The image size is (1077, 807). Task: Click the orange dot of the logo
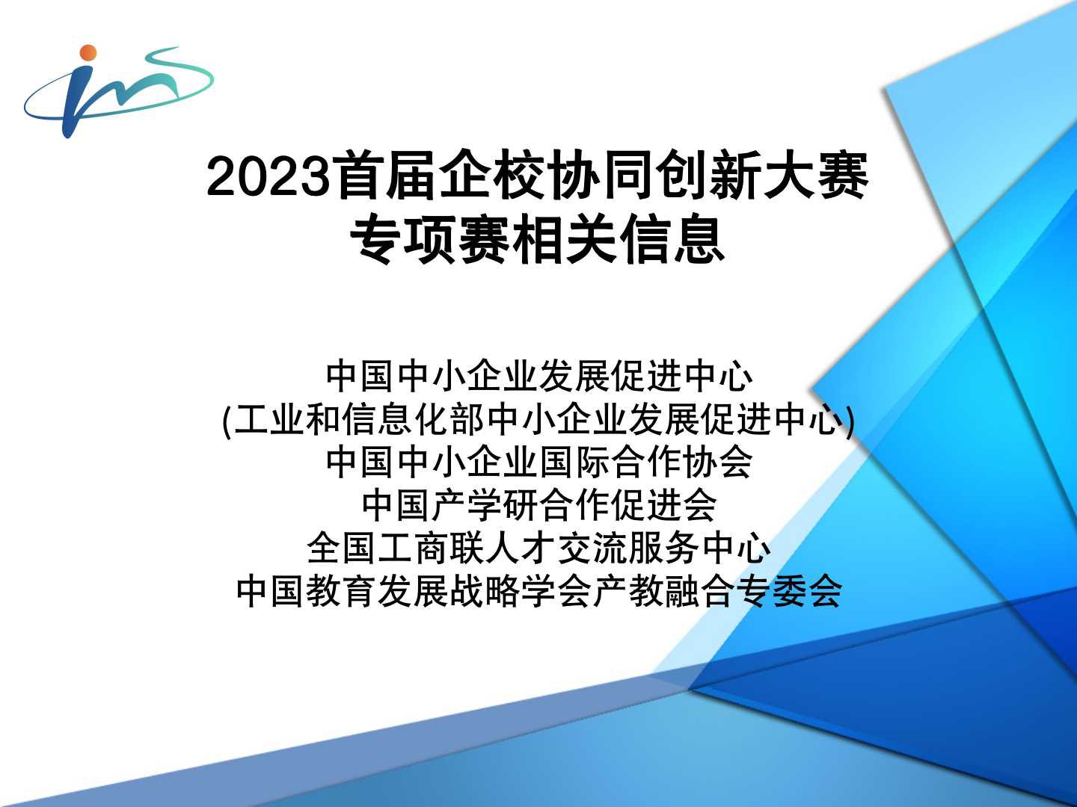click(x=88, y=53)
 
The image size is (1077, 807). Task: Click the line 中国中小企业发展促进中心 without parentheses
click(x=539, y=377)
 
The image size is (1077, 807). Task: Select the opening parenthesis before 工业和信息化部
click(x=227, y=421)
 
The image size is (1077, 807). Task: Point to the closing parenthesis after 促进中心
click(x=850, y=421)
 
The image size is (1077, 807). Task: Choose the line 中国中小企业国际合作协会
click(x=539, y=463)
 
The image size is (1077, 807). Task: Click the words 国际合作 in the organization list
click(x=610, y=463)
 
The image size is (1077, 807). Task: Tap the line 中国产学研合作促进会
click(x=539, y=506)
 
